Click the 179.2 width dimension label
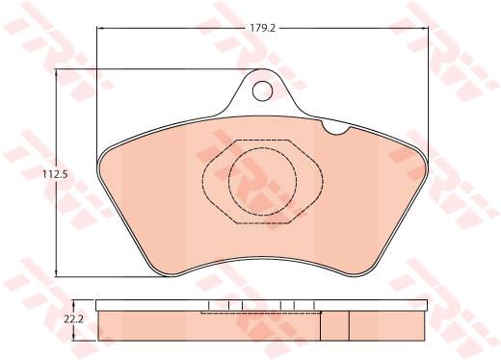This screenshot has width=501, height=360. pos(263,28)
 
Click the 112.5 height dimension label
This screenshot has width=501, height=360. pos(55,174)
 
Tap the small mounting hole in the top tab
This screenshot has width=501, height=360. pos(263,90)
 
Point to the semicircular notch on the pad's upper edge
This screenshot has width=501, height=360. pos(335,129)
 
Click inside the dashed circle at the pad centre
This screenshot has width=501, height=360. pos(263,182)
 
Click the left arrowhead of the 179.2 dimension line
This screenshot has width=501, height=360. pos(99,28)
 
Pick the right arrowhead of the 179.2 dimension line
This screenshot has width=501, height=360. pos(425,28)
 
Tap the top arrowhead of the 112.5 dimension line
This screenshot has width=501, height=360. pos(57,72)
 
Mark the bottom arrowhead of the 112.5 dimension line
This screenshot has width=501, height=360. pos(57,272)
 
